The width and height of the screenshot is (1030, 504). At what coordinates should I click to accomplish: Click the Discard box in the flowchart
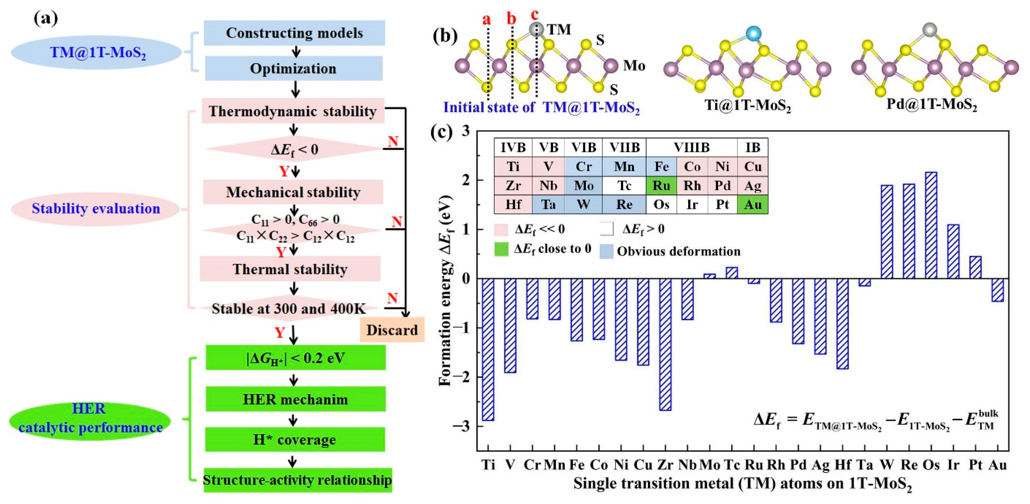[x=392, y=330]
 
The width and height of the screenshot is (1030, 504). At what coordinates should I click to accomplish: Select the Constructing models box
[x=294, y=33]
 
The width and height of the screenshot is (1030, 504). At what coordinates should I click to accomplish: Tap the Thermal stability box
[x=290, y=269]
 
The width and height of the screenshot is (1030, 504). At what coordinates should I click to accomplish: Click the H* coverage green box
[x=295, y=439]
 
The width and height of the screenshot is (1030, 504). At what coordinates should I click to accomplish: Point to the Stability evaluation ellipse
[x=96, y=209]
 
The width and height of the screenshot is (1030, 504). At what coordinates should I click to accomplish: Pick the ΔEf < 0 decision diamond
[x=294, y=149]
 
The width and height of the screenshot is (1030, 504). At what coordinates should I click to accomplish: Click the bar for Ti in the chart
[x=488, y=349]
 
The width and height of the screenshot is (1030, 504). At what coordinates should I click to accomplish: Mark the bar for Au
[x=998, y=290]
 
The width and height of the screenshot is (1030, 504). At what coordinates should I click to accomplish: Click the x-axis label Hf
[x=843, y=465]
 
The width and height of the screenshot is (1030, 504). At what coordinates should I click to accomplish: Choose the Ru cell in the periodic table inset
[x=661, y=186]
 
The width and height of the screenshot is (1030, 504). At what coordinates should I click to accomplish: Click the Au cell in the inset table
[x=753, y=205]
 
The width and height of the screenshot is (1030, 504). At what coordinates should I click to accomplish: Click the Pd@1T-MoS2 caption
[x=932, y=105]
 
